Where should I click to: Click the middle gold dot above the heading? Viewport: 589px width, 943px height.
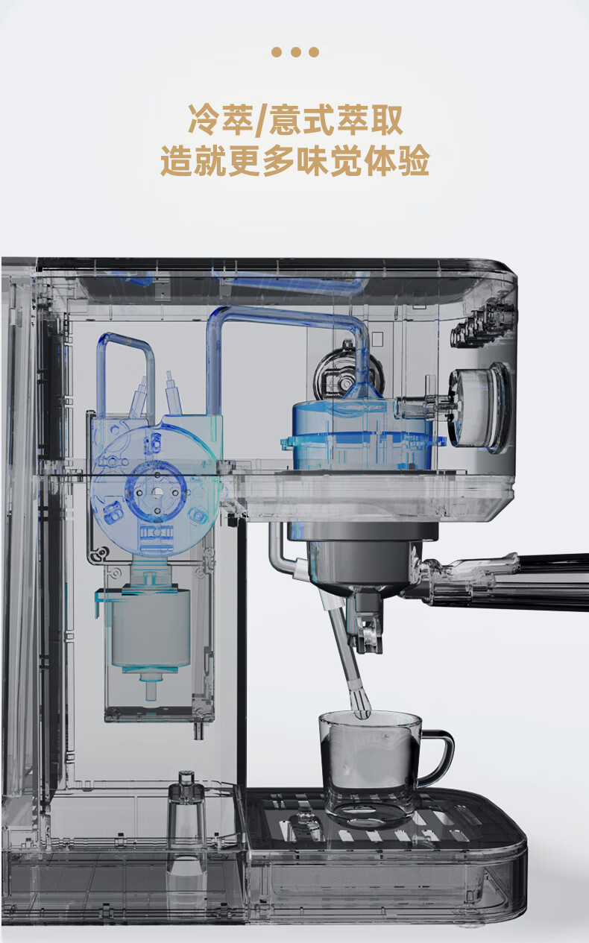click(295, 52)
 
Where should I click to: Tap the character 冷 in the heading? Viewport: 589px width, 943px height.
click(204, 120)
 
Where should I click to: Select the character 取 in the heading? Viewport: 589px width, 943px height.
click(385, 120)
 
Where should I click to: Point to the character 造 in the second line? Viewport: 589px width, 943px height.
click(177, 160)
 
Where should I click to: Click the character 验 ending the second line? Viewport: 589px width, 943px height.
click(413, 160)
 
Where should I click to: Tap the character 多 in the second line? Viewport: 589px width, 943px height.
click(279, 160)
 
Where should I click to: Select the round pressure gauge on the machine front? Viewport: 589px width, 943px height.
click(480, 408)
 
